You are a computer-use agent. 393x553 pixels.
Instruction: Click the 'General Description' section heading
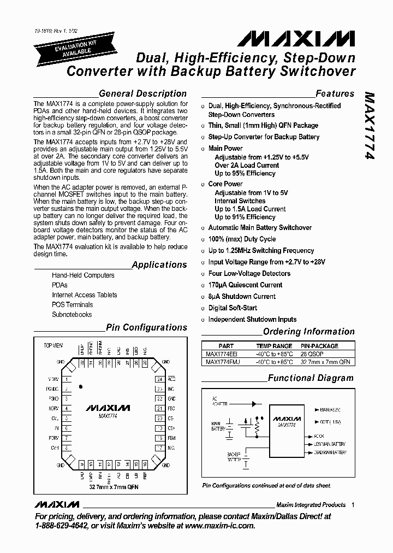tap(142, 93)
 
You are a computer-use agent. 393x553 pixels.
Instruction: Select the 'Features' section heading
tap(335, 93)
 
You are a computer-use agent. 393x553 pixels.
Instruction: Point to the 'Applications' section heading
tap(159, 264)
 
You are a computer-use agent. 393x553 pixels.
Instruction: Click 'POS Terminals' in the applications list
tap(72, 304)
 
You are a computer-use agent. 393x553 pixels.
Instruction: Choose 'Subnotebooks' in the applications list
tap(72, 314)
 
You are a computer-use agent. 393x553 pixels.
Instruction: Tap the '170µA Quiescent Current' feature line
tap(245, 285)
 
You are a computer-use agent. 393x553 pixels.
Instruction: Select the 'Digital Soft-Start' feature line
tap(233, 308)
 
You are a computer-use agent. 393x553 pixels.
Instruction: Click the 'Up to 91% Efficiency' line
tap(245, 217)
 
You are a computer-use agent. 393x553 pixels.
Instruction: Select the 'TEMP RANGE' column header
tap(274, 346)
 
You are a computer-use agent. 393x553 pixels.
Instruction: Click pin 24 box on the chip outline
tap(159, 379)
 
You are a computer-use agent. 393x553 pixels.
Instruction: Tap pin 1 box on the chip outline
tap(67, 379)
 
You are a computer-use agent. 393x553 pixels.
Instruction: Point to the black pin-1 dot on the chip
tap(81, 387)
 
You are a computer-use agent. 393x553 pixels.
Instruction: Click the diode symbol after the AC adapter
tap(254, 404)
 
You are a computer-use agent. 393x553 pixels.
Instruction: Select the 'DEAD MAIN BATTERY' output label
tap(329, 452)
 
